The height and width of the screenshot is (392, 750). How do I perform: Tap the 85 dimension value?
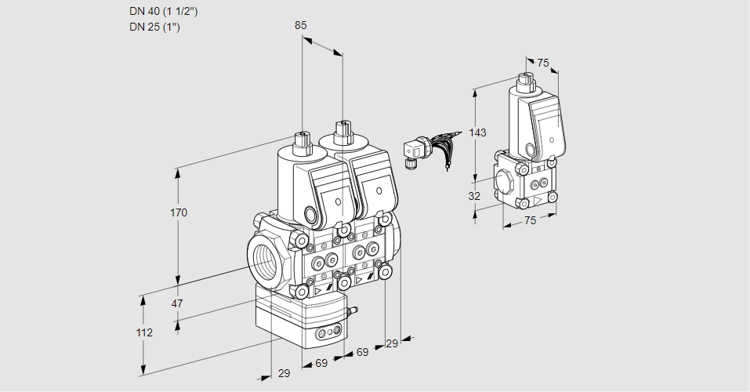click(x=301, y=25)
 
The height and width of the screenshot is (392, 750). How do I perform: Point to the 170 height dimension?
click(x=179, y=212)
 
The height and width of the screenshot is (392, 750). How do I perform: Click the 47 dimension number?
click(x=177, y=303)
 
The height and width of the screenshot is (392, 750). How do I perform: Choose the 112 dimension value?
click(x=143, y=332)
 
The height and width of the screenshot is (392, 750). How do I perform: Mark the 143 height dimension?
click(x=478, y=132)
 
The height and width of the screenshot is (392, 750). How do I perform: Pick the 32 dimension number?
click(x=474, y=196)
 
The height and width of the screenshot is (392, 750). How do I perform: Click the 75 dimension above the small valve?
click(x=543, y=64)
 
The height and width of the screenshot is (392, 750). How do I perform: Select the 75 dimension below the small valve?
click(x=531, y=220)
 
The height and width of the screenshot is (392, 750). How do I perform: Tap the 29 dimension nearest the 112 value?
click(x=284, y=373)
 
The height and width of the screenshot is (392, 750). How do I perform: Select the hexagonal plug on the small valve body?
click(x=506, y=181)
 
